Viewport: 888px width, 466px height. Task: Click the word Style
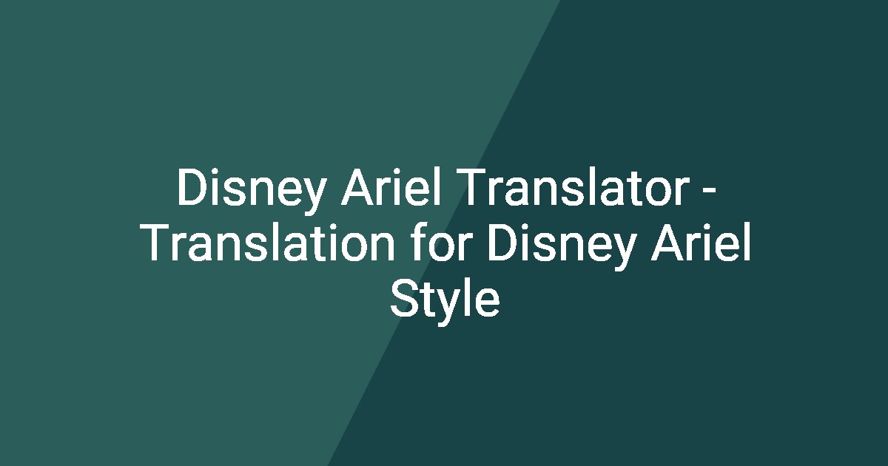coord(444,300)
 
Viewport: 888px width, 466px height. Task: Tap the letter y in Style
coord(448,305)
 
